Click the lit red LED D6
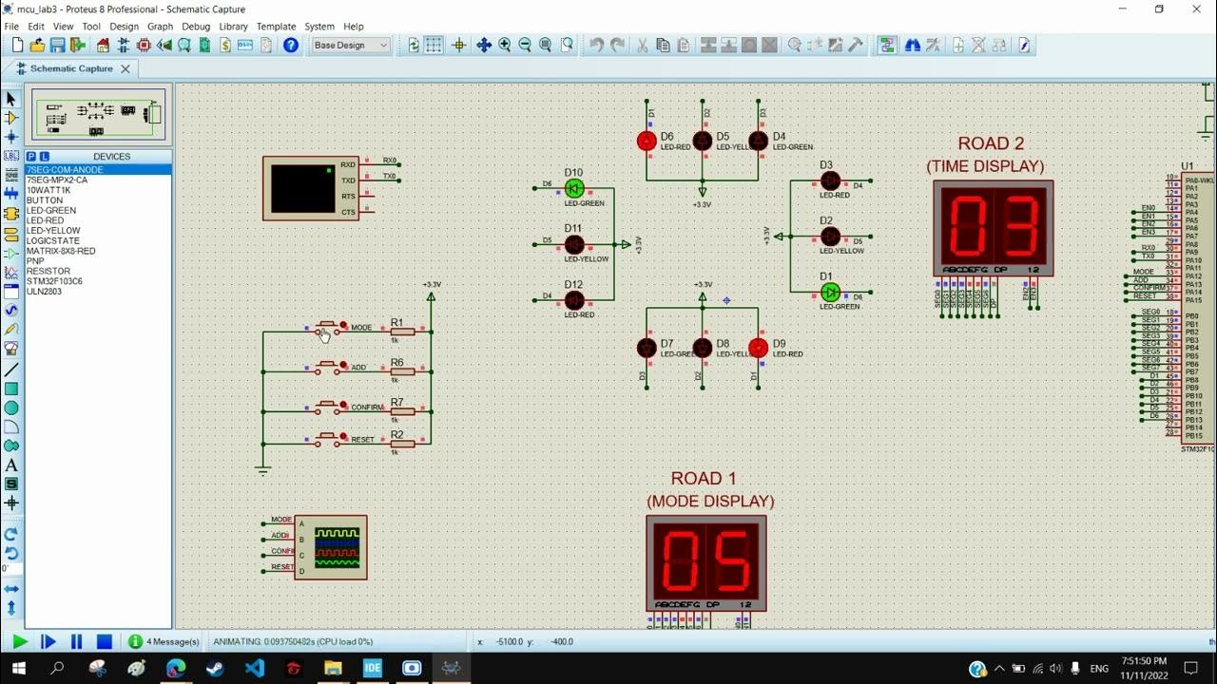pos(647,142)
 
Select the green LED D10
pos(574,188)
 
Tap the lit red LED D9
pos(758,349)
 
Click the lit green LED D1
pos(830,292)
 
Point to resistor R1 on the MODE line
pos(402,331)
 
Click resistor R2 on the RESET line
pos(402,444)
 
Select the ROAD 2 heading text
pos(991,143)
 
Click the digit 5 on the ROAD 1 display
pos(732,562)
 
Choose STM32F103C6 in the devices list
pos(54,281)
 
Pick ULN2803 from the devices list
pos(44,292)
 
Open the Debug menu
pos(196,27)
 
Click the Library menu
pos(233,27)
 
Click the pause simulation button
pos(77,642)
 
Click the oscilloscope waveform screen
pos(338,547)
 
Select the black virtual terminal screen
pos(302,188)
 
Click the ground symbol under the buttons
pos(263,469)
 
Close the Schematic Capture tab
pos(125,68)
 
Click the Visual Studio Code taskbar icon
pos(255,669)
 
